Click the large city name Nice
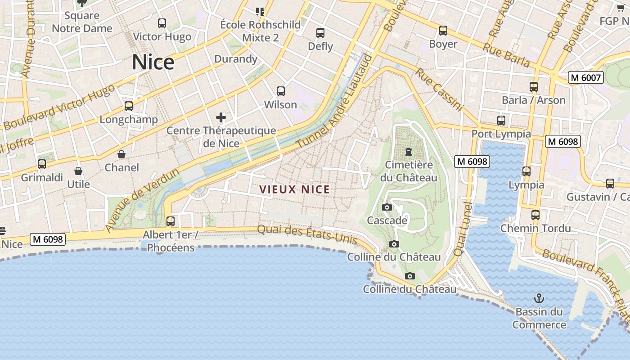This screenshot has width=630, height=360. [x=153, y=62]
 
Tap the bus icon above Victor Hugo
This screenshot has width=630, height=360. [x=162, y=23]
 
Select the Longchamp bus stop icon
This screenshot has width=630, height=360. [x=129, y=106]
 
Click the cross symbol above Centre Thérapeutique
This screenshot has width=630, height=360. [x=221, y=117]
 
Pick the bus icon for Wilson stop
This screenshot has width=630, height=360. [x=281, y=91]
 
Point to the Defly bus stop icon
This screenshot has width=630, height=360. [x=320, y=33]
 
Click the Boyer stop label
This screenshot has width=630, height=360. [x=443, y=44]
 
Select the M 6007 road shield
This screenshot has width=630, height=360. [x=585, y=77]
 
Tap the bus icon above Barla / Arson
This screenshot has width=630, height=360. [x=534, y=87]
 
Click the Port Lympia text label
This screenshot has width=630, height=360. [x=501, y=134]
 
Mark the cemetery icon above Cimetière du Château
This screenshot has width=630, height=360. [x=409, y=152]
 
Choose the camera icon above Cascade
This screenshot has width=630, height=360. [x=387, y=207]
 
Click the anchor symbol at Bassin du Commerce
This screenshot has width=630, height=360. [x=539, y=298]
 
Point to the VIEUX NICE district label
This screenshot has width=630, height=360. [x=295, y=189]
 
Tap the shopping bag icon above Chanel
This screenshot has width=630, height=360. [x=121, y=154]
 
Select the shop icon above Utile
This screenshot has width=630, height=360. [x=78, y=171]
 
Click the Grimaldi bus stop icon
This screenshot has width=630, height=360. [x=42, y=164]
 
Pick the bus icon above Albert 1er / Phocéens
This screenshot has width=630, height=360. [x=171, y=221]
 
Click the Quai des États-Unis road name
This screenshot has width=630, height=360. [x=307, y=235]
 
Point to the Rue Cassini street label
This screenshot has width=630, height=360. [x=439, y=90]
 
